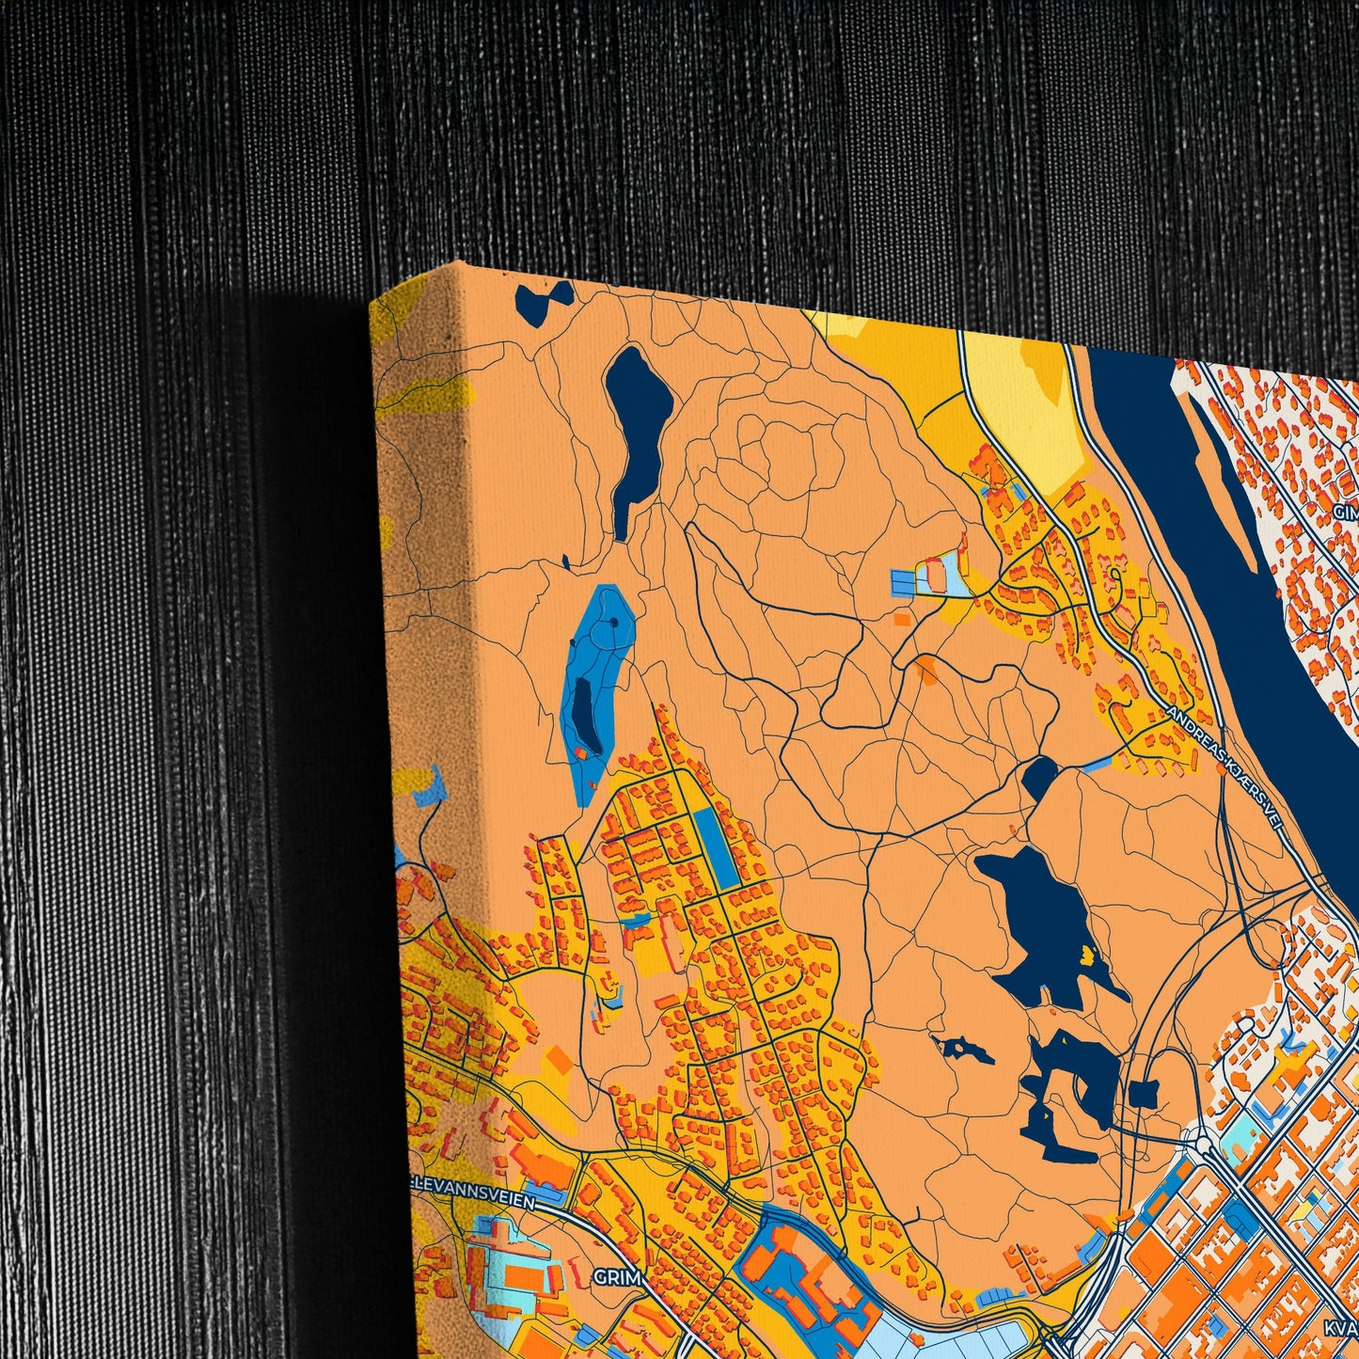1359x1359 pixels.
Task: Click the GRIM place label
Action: tap(617, 1278)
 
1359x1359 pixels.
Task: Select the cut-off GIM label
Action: tap(1346, 513)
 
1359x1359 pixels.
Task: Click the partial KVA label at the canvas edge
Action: tap(1341, 1328)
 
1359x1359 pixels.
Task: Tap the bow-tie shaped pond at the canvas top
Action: tap(544, 300)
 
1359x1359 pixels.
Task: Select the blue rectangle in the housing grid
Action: tap(717, 846)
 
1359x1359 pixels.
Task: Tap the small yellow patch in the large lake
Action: tap(1089, 956)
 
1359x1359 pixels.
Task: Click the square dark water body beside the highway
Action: tap(1144, 1095)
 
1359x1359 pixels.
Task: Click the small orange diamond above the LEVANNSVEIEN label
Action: tap(559, 1061)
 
